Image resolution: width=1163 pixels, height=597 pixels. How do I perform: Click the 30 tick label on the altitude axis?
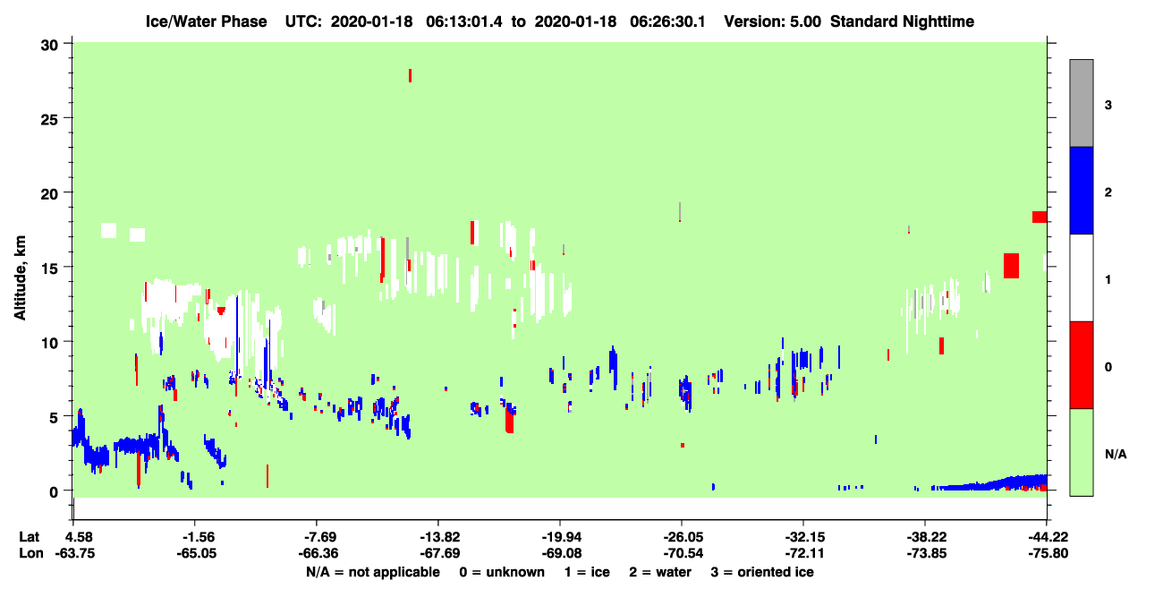coord(49,46)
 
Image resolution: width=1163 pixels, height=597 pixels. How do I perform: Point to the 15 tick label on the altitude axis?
coord(49,268)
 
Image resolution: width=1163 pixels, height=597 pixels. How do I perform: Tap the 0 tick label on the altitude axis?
coord(54,491)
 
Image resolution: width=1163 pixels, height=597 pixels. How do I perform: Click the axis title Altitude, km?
coord(20,278)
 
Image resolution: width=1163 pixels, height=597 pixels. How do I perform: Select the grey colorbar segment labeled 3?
coord(1081,103)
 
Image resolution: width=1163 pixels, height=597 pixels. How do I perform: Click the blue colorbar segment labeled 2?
coord(1081,190)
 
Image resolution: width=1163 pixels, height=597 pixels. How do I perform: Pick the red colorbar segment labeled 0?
coord(1081,365)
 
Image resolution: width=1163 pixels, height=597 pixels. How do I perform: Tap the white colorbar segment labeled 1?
coord(1081,277)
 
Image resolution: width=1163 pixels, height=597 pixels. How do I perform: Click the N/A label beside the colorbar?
coord(1116,455)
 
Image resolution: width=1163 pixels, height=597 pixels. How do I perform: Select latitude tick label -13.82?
coord(439,537)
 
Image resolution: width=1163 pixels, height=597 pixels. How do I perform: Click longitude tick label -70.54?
coord(683,553)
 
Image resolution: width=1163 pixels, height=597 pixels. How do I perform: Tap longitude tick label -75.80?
coord(1048,553)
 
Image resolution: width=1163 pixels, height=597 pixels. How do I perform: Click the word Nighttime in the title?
coord(938,21)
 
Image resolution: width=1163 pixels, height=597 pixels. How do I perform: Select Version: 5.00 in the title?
coord(773,21)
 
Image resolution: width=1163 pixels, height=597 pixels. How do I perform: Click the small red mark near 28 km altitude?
coord(410,75)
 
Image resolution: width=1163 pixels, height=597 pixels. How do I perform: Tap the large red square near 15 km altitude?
coord(1011,266)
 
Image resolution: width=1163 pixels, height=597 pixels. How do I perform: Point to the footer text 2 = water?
coord(660,572)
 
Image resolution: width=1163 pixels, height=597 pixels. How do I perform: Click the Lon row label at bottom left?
coord(31,553)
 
